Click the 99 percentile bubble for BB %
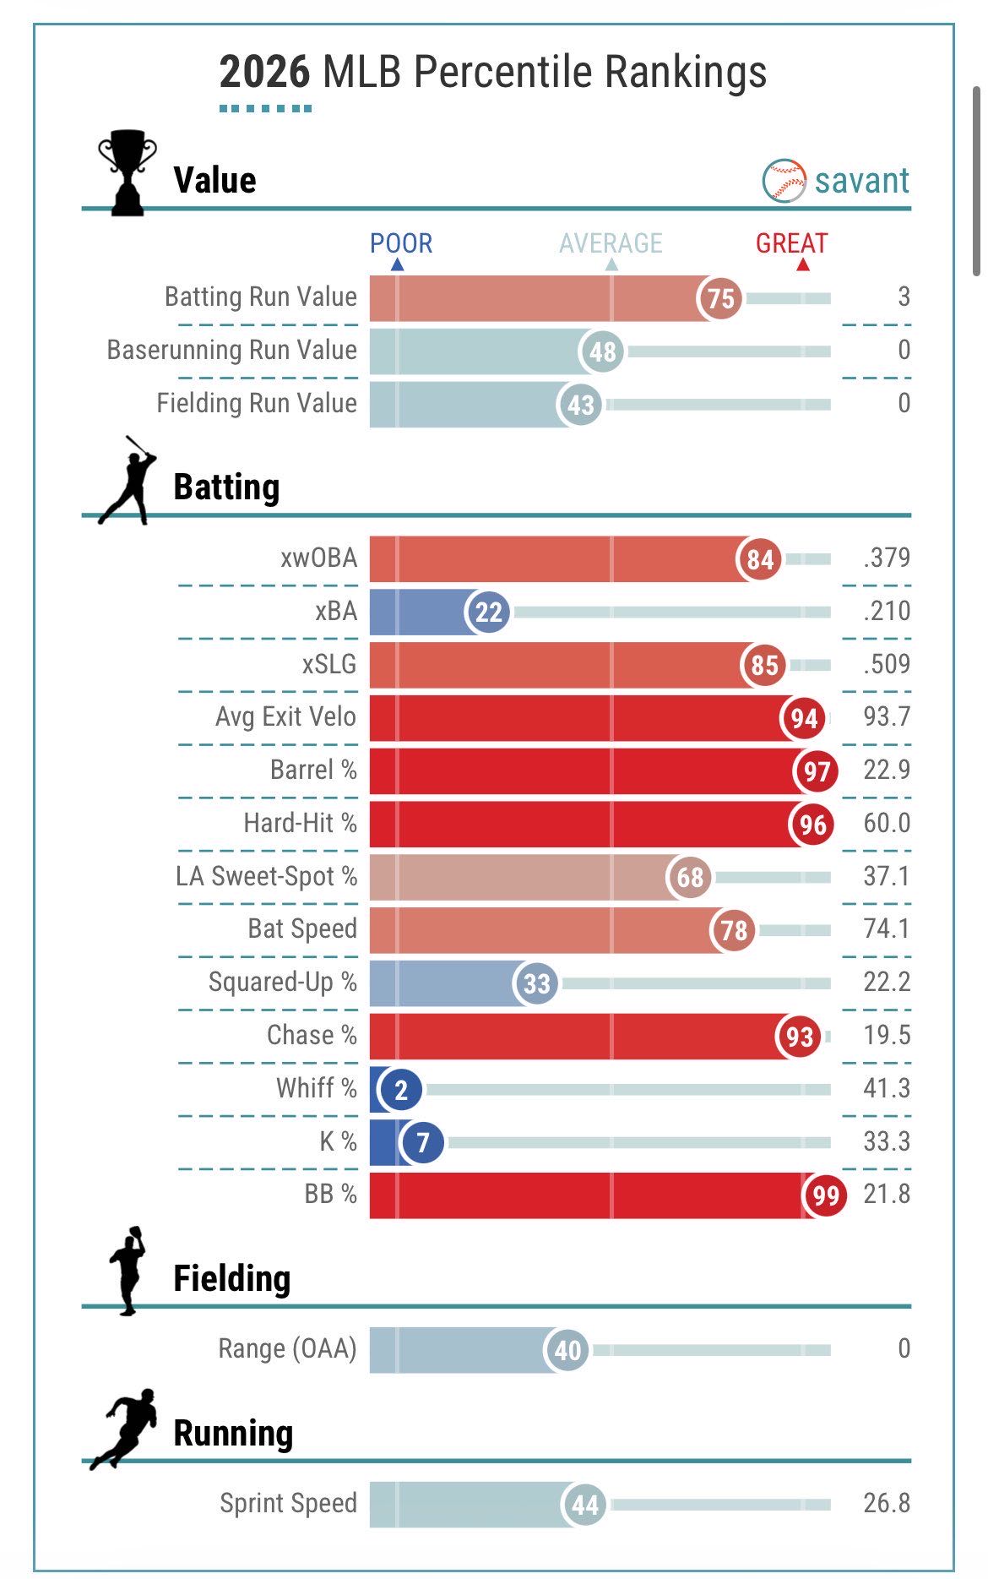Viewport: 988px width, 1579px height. coord(826,1195)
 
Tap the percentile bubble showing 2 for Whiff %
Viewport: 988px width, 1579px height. coord(401,1090)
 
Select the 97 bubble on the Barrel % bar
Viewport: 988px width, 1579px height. coord(816,771)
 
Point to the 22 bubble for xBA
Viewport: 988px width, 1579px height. coord(488,612)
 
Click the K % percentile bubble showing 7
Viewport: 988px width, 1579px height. coord(423,1143)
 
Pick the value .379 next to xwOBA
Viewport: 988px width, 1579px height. coord(887,558)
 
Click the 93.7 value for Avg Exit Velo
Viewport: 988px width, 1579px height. coord(887,716)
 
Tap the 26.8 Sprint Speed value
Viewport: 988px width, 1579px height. coord(887,1503)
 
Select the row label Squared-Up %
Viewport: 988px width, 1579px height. coord(283,982)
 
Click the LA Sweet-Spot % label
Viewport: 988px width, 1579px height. coord(267,876)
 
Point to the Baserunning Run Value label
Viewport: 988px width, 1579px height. coord(232,350)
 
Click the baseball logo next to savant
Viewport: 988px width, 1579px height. coord(784,180)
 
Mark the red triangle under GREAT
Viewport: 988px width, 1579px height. coord(803,265)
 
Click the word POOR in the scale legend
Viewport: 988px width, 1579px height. coord(401,243)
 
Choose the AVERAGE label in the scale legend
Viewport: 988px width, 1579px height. coord(611,243)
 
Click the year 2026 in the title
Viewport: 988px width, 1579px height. coord(264,72)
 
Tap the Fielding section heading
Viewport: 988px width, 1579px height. coord(232,1278)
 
